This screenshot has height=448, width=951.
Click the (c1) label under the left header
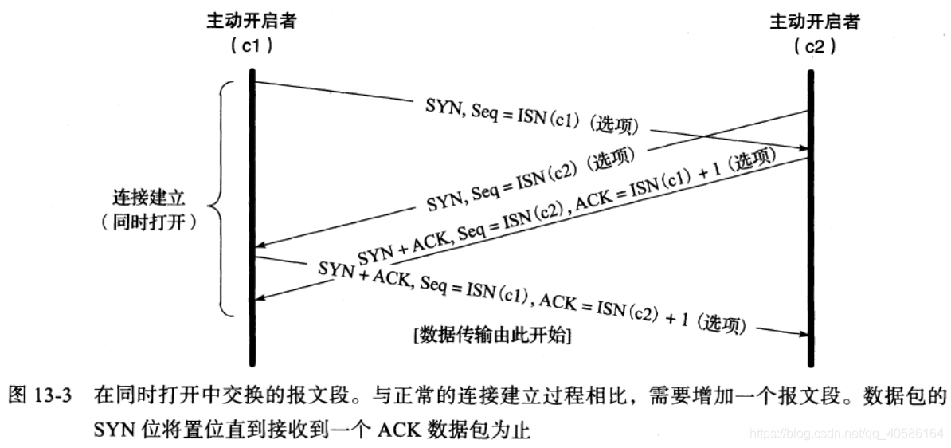point(252,46)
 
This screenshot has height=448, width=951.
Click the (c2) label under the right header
point(812,46)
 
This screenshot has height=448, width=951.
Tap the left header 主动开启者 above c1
point(252,21)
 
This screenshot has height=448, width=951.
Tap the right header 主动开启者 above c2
point(812,21)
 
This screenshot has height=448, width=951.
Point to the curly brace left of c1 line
point(221,198)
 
